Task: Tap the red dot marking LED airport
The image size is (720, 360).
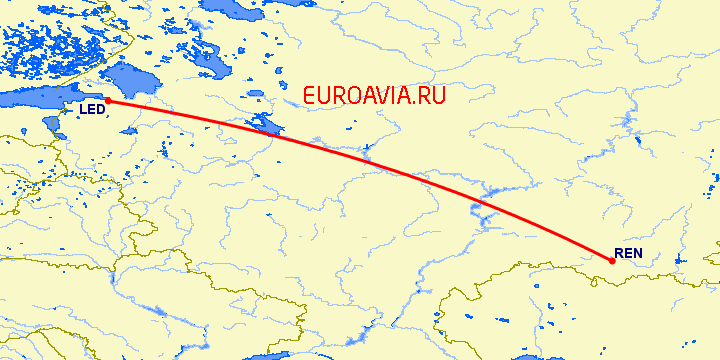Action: pyautogui.click(x=107, y=101)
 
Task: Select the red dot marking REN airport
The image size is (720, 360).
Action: pyautogui.click(x=612, y=261)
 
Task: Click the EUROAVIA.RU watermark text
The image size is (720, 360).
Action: pyautogui.click(x=373, y=95)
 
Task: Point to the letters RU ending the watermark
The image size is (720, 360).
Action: pyautogui.click(x=431, y=95)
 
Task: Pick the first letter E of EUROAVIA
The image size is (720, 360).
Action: pyautogui.click(x=309, y=95)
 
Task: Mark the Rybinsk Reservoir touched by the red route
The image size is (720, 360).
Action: pyautogui.click(x=266, y=125)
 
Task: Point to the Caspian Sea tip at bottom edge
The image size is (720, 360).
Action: pyautogui.click(x=520, y=355)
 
